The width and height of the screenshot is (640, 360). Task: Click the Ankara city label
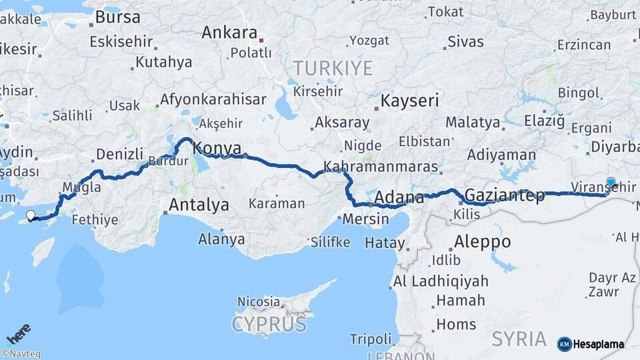(229, 32)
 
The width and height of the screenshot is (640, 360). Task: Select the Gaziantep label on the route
(504, 195)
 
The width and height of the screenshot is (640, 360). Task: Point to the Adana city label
(399, 197)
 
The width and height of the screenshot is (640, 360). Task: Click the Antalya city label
(199, 205)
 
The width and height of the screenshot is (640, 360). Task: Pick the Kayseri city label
(409, 101)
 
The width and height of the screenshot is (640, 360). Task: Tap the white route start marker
(30, 215)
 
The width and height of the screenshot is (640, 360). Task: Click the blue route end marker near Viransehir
(611, 181)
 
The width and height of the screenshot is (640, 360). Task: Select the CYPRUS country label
(269, 325)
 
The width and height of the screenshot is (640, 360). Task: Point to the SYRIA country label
(519, 339)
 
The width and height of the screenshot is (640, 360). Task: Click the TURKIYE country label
(333, 67)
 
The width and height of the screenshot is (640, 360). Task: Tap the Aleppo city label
(482, 241)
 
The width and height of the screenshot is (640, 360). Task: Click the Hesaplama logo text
(599, 345)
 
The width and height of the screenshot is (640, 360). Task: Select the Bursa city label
(118, 16)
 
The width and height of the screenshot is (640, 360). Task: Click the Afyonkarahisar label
(212, 99)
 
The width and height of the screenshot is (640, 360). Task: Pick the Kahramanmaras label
(381, 167)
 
